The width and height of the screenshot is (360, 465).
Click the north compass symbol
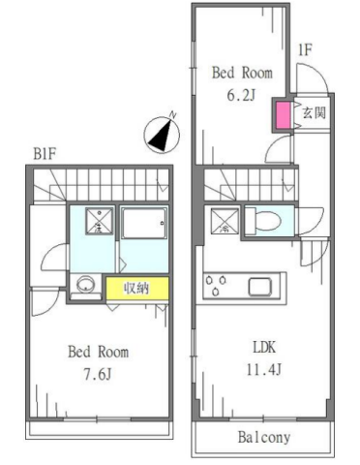pos(162,135)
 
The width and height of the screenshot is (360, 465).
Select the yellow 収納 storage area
pos(137,288)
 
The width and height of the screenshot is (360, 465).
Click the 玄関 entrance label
pos(314,112)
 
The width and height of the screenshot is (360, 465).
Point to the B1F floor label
pos(45,154)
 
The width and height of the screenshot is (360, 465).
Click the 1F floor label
pos(305,50)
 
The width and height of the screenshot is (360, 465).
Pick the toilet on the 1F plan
pos(263,221)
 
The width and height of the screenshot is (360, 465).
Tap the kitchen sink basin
pos(259,286)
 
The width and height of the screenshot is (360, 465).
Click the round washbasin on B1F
pos(85,284)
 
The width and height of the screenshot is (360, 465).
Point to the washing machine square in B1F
pos(99,221)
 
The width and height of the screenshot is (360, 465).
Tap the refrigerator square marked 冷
pos(225,221)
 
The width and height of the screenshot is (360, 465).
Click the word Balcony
pos(264,438)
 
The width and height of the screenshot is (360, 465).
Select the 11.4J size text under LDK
pos(264,369)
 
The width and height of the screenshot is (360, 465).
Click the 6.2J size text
pos(242,95)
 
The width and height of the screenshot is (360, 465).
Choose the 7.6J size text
pos(98,374)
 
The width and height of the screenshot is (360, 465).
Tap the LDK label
pos(264,348)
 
